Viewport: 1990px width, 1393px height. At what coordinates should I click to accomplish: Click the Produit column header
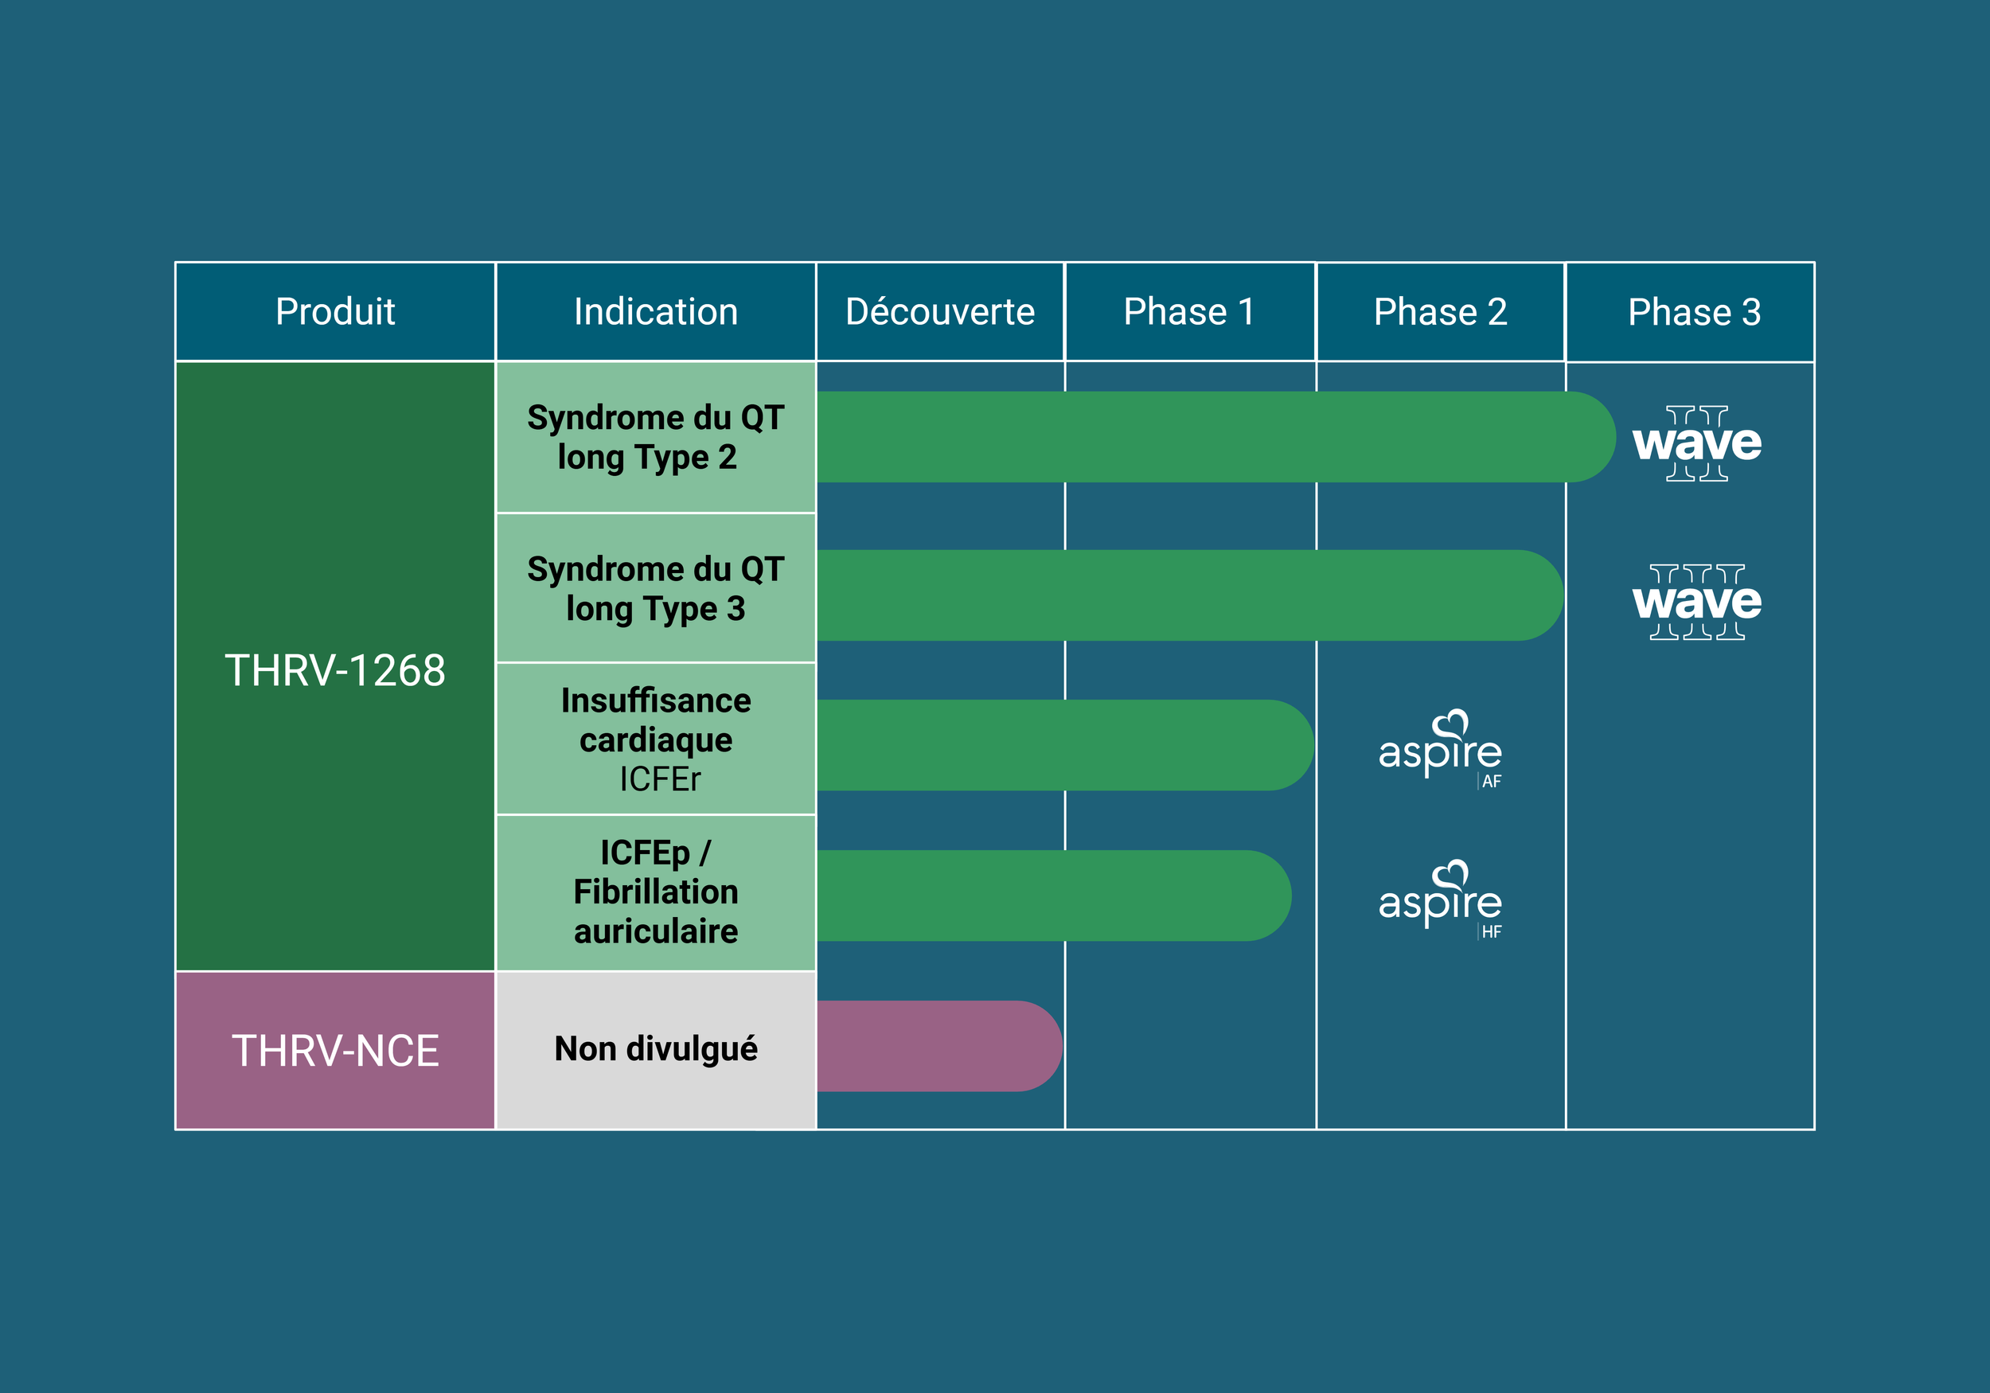click(334, 312)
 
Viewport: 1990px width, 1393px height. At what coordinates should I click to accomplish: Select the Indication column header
click(655, 312)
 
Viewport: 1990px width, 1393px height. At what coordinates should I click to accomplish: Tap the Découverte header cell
click(939, 312)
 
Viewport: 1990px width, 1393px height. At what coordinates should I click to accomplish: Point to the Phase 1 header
click(1188, 312)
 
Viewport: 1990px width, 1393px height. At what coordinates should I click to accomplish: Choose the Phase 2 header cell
click(1440, 312)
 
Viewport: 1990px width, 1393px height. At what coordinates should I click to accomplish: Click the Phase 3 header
click(1694, 312)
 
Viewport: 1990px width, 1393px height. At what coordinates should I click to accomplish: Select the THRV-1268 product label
click(334, 670)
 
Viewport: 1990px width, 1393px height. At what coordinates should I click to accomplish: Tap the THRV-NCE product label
click(334, 1051)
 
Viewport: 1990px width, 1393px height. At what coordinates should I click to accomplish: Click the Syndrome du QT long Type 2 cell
click(655, 437)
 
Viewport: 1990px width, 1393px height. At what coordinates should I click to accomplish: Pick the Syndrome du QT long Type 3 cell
click(655, 588)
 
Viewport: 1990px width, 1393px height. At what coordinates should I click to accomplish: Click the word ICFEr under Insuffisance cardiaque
click(659, 779)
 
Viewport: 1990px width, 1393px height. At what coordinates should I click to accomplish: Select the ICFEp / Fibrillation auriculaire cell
click(655, 892)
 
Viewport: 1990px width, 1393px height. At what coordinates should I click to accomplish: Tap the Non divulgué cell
click(655, 1049)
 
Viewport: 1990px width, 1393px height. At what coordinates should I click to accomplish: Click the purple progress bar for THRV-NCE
click(936, 1046)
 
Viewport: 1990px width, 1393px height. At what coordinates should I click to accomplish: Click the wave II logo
click(1696, 443)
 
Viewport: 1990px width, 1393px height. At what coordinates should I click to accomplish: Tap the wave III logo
click(1696, 602)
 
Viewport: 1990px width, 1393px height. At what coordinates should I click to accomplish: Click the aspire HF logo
click(1441, 899)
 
